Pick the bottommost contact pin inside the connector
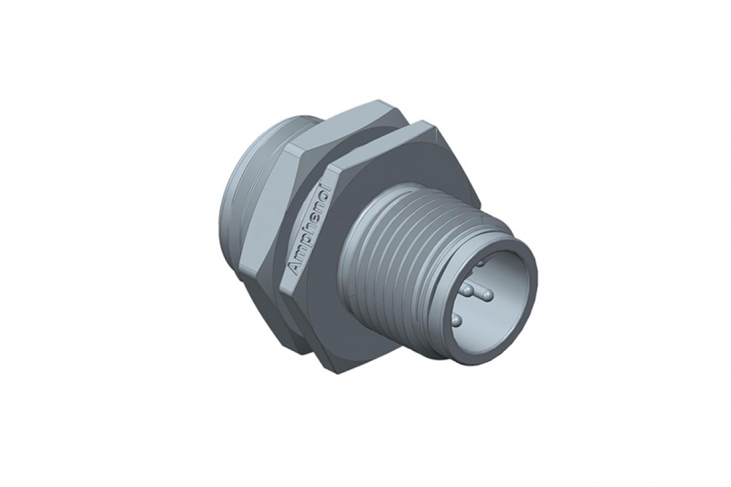point(456,320)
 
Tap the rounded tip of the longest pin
point(488,293)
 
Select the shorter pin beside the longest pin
point(467,290)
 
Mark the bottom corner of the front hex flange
point(338,372)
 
